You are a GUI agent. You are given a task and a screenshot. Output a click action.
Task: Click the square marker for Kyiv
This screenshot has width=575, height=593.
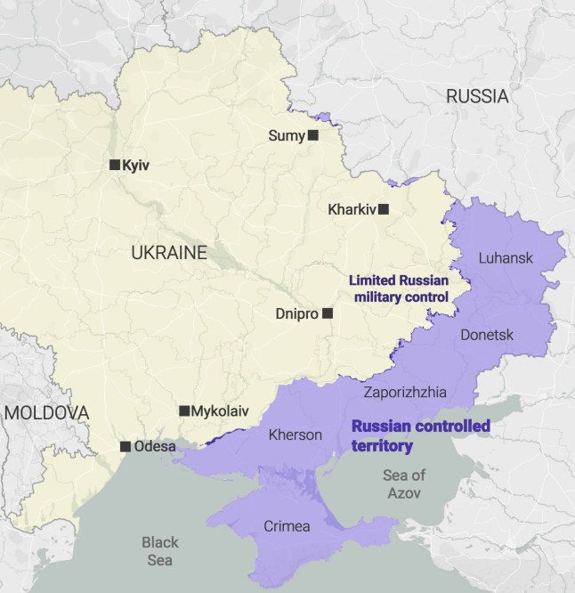pyautogui.click(x=114, y=165)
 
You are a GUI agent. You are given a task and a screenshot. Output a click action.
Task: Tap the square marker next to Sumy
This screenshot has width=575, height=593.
pyautogui.click(x=312, y=135)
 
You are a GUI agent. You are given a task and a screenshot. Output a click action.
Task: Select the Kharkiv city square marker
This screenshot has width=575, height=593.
pyautogui.click(x=384, y=209)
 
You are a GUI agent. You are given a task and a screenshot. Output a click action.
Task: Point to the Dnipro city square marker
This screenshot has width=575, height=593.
pyautogui.click(x=328, y=313)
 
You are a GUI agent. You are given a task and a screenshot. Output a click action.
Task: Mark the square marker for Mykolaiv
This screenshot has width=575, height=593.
pyautogui.click(x=184, y=410)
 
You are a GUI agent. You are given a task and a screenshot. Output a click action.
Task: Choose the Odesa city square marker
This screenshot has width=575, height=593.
pyautogui.click(x=126, y=446)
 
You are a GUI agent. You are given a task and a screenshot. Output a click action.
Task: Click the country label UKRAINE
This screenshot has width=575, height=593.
pyautogui.click(x=168, y=253)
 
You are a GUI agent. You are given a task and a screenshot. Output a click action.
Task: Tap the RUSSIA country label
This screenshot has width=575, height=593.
pyautogui.click(x=477, y=96)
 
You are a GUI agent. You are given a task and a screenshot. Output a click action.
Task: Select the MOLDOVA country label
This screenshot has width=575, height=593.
pyautogui.click(x=45, y=413)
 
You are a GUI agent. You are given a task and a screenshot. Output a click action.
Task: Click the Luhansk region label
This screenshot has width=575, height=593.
pyautogui.click(x=506, y=258)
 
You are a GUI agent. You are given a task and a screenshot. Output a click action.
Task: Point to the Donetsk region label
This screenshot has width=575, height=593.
pyautogui.click(x=487, y=335)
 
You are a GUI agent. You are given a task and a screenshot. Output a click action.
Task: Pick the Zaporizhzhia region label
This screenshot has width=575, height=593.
pyautogui.click(x=405, y=392)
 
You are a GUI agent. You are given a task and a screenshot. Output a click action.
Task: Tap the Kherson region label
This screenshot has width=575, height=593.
pyautogui.click(x=295, y=435)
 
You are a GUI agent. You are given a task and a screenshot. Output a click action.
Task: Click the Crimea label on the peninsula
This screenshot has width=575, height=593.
pyautogui.click(x=287, y=526)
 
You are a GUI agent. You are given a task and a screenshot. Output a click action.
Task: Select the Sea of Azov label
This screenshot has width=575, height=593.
pyautogui.click(x=404, y=483)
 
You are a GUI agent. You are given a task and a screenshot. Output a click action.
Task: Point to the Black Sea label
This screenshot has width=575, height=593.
pyautogui.click(x=160, y=551)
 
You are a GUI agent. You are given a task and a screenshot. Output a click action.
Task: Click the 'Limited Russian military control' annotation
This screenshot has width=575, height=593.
pyautogui.click(x=398, y=288)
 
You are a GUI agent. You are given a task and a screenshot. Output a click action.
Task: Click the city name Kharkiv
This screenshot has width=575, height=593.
pyautogui.click(x=352, y=210)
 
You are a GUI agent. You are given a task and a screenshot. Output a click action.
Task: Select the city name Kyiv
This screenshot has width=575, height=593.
pyautogui.click(x=136, y=166)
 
